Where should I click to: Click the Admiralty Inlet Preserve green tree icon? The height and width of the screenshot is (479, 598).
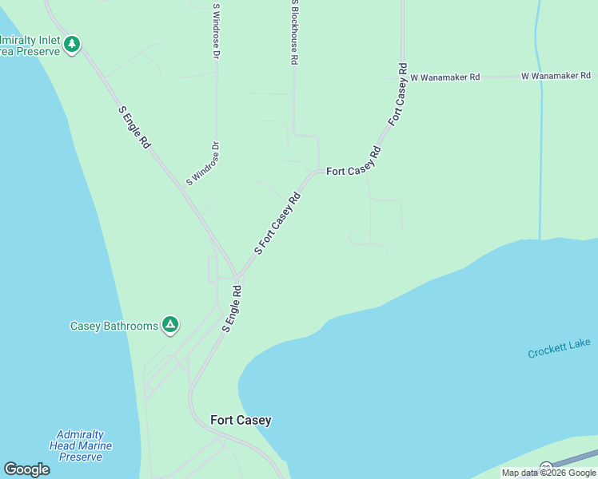(x=72, y=43)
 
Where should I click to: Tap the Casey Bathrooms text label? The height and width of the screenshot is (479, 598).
(x=114, y=326)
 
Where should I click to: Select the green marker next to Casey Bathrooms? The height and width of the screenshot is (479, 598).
(x=169, y=324)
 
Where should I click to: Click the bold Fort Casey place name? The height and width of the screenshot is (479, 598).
(x=241, y=420)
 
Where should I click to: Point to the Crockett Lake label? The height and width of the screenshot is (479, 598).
(x=559, y=349)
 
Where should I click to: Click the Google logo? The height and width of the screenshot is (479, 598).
(x=26, y=469)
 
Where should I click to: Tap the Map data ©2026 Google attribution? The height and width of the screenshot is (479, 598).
(x=548, y=473)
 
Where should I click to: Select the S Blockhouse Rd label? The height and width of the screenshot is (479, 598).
(x=294, y=32)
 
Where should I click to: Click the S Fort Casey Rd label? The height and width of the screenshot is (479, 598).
(x=277, y=223)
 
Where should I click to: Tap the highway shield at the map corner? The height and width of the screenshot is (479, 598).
(x=546, y=468)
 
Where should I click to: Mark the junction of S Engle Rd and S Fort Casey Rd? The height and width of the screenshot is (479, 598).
(x=237, y=276)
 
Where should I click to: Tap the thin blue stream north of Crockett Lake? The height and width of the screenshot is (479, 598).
(x=541, y=160)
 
